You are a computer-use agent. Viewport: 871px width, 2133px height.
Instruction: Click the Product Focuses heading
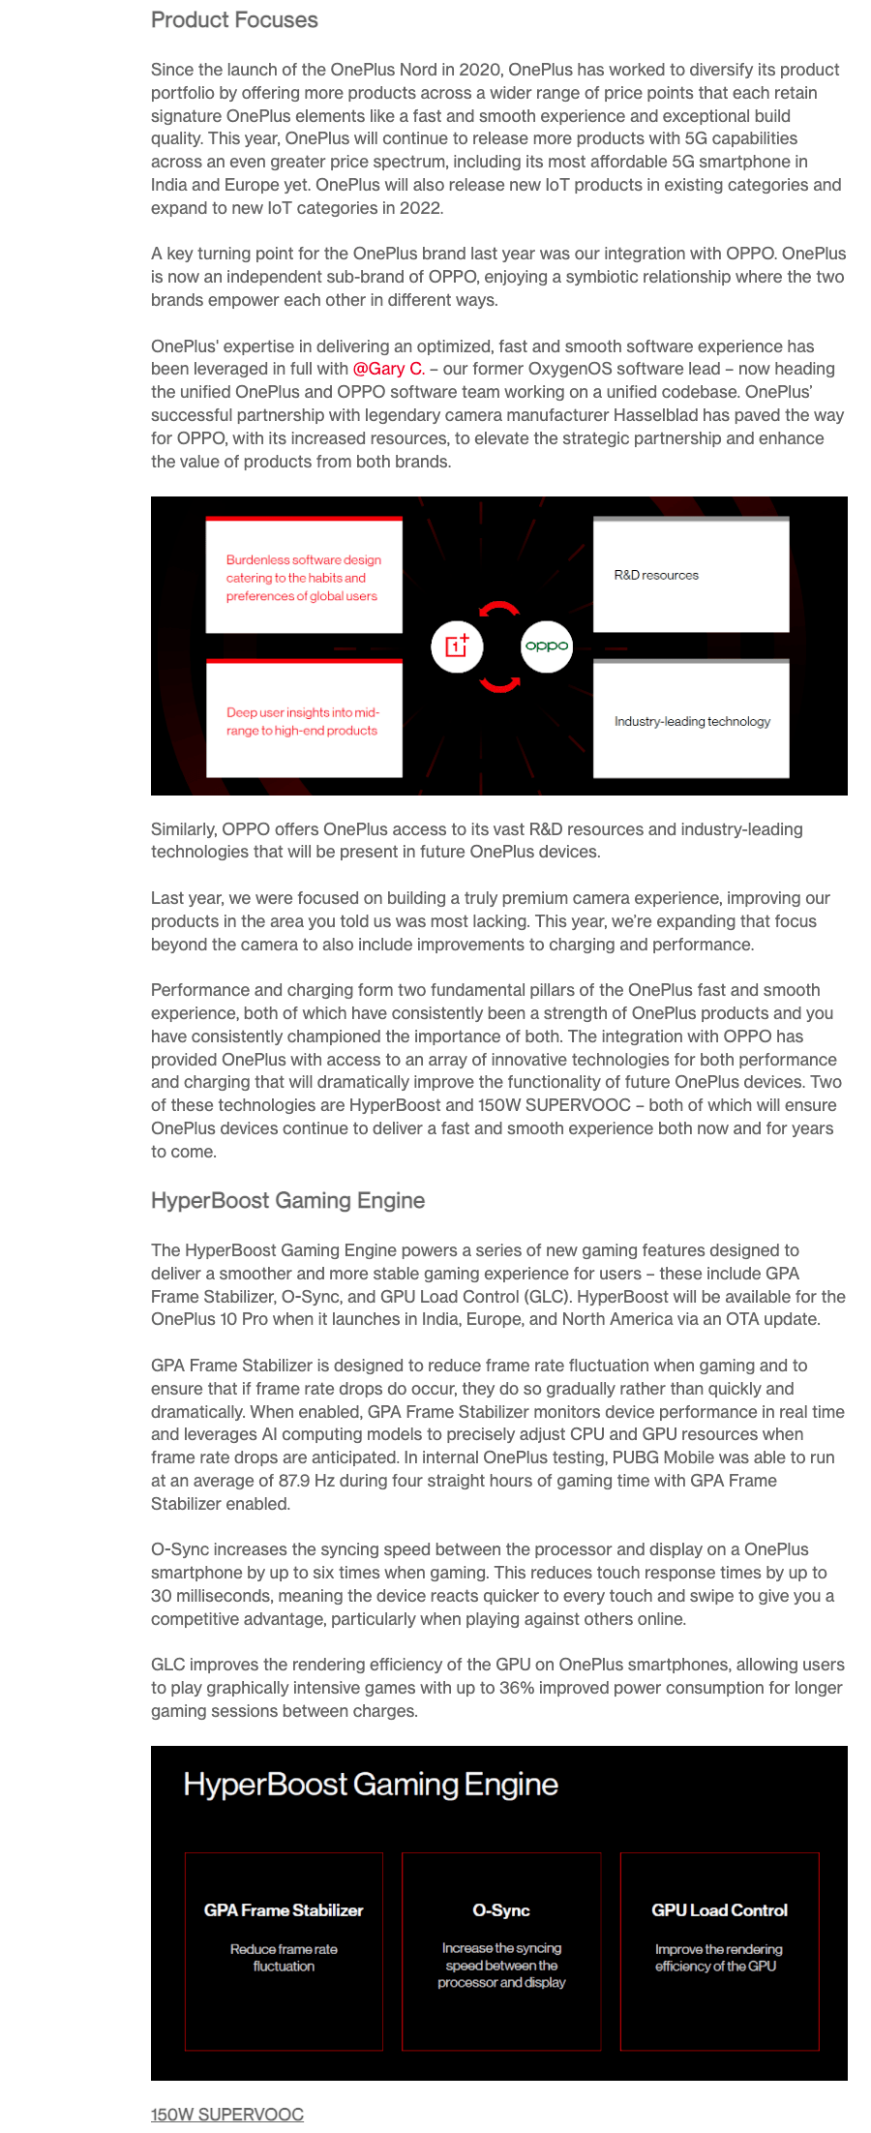tap(234, 20)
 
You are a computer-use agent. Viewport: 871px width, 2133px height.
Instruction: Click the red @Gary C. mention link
tap(388, 369)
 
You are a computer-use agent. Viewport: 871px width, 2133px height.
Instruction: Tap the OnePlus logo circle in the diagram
tap(457, 646)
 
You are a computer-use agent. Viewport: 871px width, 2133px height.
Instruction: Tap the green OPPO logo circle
tap(547, 646)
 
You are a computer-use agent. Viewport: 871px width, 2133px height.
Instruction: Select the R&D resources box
tap(691, 575)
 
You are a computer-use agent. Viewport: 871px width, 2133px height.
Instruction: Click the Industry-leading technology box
tap(691, 721)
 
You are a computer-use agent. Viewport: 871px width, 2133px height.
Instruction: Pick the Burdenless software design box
tap(304, 577)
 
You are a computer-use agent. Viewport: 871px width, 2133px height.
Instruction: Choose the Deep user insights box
tap(304, 721)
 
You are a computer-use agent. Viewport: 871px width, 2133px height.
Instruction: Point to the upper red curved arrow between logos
tap(500, 610)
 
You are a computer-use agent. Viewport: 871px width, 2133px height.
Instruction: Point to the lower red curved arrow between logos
tap(500, 683)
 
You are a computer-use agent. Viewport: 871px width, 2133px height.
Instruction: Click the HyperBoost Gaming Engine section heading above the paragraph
tap(287, 1201)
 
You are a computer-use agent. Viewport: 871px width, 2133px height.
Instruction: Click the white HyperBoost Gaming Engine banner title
tap(371, 1785)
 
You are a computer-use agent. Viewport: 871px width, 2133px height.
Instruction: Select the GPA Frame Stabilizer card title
tap(284, 1910)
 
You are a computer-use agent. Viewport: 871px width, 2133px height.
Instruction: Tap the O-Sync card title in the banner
tap(501, 1910)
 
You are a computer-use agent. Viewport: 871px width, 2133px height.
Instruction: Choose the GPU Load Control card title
tap(719, 1910)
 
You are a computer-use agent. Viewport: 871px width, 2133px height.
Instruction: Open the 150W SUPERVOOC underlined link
tap(227, 2115)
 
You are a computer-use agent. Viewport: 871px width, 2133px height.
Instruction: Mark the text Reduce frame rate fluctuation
tap(284, 1958)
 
